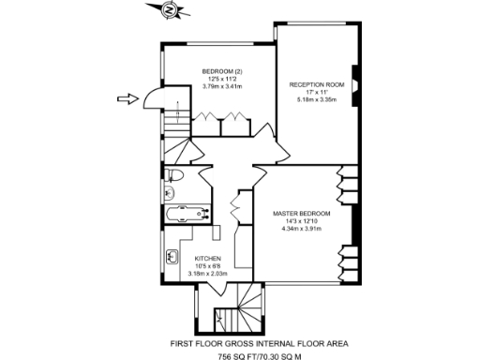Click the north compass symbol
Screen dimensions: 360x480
[167, 11]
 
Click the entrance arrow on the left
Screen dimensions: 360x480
[127, 97]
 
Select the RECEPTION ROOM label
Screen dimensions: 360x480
[317, 84]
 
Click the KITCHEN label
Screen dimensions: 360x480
[207, 258]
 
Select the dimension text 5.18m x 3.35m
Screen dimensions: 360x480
[317, 99]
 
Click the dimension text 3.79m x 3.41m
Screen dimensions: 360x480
[222, 86]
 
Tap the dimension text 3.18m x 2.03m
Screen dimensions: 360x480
[207, 273]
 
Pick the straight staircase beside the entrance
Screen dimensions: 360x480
[172, 121]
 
